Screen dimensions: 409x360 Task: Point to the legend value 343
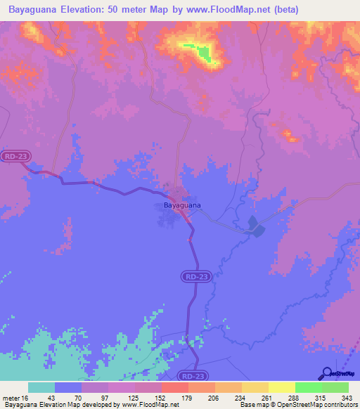pos(347,398)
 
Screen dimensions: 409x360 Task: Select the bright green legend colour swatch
pos(308,387)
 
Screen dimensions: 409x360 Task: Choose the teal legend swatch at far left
pos(41,387)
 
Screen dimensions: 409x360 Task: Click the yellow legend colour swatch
pos(281,387)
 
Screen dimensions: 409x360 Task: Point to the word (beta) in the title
pos(286,10)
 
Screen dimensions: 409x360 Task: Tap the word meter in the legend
pos(11,398)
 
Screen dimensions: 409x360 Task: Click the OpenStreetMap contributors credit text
pos(316,405)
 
